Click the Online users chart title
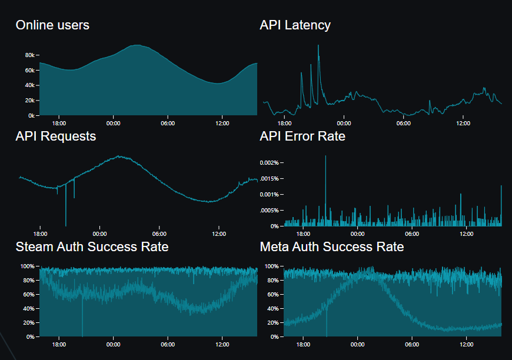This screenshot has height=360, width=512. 52,25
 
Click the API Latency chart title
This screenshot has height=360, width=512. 295,25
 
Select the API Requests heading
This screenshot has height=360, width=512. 55,136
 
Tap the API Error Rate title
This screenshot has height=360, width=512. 302,136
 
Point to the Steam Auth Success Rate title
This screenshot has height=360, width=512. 92,246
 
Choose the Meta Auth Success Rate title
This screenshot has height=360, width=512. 332,246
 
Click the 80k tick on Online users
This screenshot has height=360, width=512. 30,55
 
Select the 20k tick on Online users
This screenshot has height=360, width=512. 30,100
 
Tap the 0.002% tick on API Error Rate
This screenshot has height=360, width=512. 270,162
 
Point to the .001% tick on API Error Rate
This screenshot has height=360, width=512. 271,194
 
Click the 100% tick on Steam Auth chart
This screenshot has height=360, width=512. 27,266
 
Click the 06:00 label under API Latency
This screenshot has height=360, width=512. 403,124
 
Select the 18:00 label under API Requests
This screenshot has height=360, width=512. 40,234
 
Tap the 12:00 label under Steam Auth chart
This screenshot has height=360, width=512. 222,345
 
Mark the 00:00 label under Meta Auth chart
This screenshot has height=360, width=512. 358,345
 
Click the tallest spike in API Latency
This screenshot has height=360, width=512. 318,45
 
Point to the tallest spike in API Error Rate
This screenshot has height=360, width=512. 325,156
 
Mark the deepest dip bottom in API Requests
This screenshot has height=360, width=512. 65,225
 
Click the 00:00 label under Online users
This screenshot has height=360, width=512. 113,124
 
